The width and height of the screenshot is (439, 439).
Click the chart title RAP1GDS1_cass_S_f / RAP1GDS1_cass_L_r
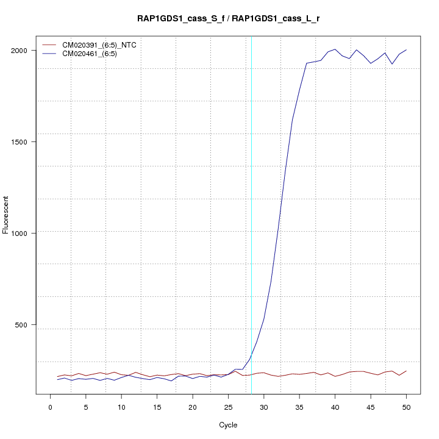coord(228,19)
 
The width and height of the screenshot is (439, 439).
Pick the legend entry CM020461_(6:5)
coord(94,54)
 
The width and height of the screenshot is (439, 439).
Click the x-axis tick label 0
coord(51,407)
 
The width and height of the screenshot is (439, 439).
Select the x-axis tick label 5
coord(86,407)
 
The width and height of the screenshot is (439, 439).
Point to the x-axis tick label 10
coord(121,407)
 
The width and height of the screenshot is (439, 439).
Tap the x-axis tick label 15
coord(157,407)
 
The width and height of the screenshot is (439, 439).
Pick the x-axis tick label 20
coord(193,407)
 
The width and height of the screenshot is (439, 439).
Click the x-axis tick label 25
coord(228,407)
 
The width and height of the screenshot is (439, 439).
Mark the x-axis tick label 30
coord(264,407)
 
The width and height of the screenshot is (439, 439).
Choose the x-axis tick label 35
coord(299,407)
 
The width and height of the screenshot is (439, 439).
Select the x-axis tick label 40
coord(335,407)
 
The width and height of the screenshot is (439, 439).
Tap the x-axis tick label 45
coord(371,407)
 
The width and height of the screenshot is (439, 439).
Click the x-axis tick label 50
coord(406,407)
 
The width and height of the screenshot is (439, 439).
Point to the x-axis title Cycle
coord(228,424)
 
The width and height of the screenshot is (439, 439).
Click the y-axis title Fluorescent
coord(6,215)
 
